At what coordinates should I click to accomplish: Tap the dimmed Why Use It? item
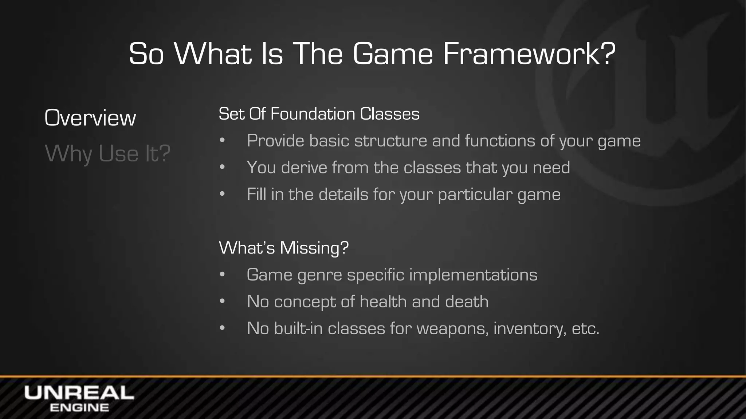click(x=107, y=153)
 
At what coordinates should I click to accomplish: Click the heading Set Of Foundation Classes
click(x=319, y=114)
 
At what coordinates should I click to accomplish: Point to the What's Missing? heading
click(x=284, y=248)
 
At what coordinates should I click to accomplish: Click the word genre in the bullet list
click(x=319, y=275)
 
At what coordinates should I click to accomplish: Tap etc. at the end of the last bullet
click(x=585, y=329)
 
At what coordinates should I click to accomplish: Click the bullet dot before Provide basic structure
click(x=223, y=141)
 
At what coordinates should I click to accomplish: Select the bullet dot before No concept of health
click(x=223, y=302)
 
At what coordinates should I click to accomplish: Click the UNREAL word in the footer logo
click(x=79, y=393)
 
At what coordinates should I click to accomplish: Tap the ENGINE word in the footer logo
click(x=79, y=408)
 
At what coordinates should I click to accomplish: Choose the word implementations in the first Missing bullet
click(x=473, y=275)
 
